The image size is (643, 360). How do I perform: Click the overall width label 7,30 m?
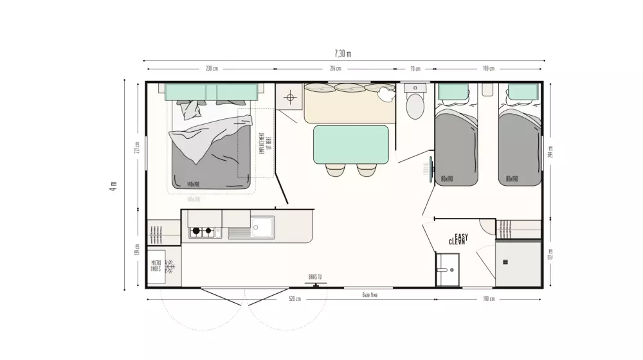point(343,53)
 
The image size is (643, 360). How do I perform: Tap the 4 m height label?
point(114,184)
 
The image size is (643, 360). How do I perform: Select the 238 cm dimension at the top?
point(212,69)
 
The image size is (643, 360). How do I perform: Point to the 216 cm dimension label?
point(335,69)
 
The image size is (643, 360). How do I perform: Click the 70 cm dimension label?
point(415,69)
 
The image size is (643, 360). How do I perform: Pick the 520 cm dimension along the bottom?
point(294,299)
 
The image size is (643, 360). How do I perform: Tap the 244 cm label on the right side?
point(550,152)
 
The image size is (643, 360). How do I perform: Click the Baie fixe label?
point(369,294)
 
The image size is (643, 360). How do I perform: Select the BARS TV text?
point(315,277)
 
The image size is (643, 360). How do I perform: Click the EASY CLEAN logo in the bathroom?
point(458,240)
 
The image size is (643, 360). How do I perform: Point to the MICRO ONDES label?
point(156,265)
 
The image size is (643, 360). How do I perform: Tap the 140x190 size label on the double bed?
point(194,184)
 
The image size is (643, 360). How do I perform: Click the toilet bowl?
point(415,105)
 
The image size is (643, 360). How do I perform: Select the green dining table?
point(350,145)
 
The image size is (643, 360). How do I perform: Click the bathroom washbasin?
point(446,270)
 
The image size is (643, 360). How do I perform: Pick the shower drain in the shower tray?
point(505,262)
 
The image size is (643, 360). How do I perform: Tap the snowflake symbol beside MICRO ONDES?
point(171,266)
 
